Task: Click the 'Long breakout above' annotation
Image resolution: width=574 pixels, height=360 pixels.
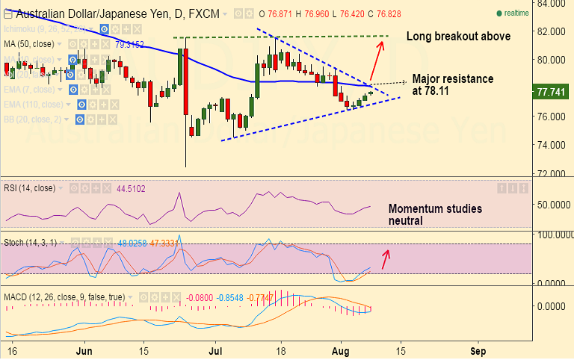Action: coord(458,36)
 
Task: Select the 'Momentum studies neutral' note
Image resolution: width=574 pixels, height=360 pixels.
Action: coord(435,214)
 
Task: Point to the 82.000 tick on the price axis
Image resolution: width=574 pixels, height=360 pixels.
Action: coord(554,31)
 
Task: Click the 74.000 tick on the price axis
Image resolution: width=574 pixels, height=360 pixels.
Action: coord(554,145)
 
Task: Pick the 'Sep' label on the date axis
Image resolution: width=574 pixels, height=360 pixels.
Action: coord(478,350)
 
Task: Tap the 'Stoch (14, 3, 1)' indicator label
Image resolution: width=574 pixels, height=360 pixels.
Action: coord(37,243)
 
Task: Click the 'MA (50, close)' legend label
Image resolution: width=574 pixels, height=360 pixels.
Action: coord(33,43)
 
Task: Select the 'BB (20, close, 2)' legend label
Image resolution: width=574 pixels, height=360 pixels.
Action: coord(34,119)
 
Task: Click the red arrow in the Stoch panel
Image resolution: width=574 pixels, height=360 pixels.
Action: coord(386,259)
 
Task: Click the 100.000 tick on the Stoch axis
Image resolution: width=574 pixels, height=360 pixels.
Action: coord(554,235)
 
